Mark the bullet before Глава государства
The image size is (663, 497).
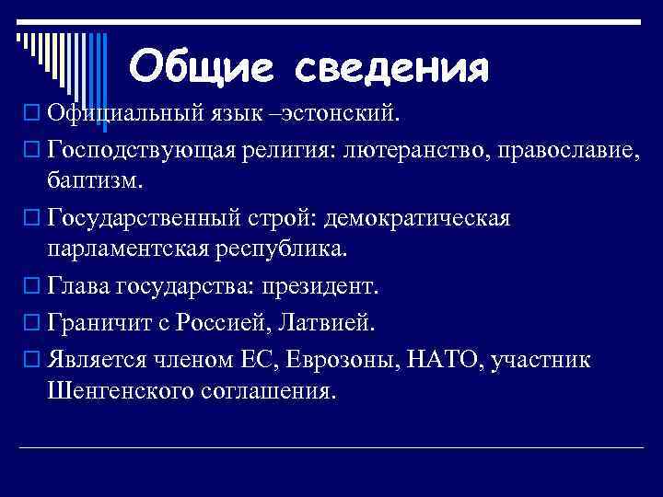click(x=32, y=287)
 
